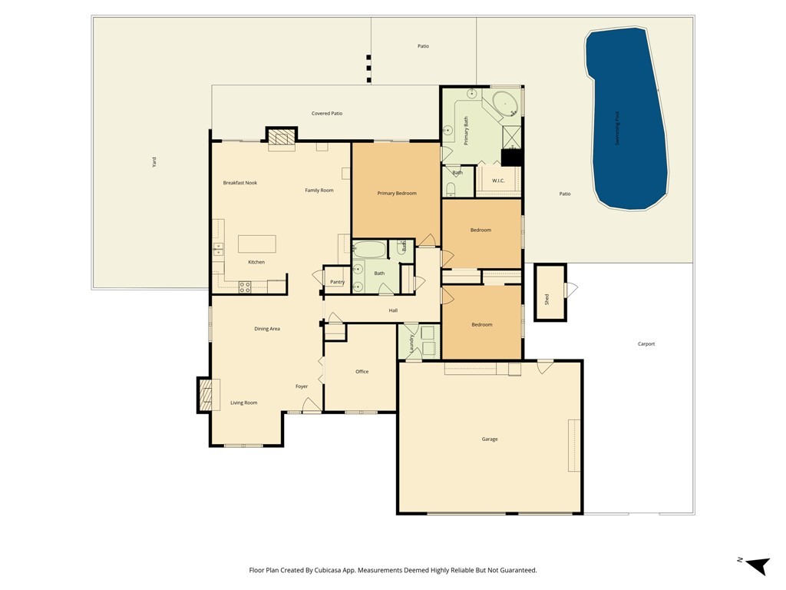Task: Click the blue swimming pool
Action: click(626, 119)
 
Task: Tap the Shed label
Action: click(547, 299)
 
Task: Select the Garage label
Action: click(490, 439)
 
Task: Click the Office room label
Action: click(362, 372)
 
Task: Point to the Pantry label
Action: click(337, 282)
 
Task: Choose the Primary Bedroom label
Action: click(397, 194)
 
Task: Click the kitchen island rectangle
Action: click(256, 244)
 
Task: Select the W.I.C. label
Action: click(498, 181)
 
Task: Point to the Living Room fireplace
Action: click(205, 395)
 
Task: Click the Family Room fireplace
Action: click(281, 138)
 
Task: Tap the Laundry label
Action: click(412, 343)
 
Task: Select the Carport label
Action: click(646, 344)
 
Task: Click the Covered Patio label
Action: click(327, 114)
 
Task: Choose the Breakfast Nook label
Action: click(240, 183)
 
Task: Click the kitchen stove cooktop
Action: click(245, 287)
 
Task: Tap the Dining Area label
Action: click(267, 329)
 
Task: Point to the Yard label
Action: click(154, 162)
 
